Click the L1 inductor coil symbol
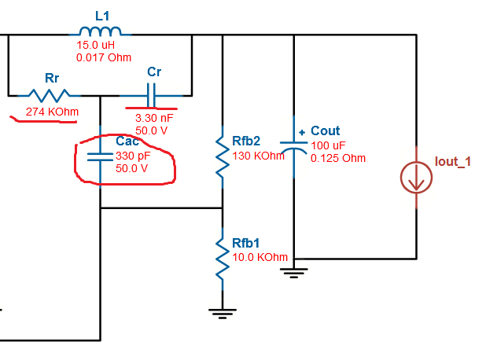tap(103, 31)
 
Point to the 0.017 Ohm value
tap(104, 57)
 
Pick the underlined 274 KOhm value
tap(52, 112)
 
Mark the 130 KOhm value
tap(258, 156)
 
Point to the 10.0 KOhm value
tap(260, 257)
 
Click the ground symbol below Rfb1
tap(223, 312)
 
